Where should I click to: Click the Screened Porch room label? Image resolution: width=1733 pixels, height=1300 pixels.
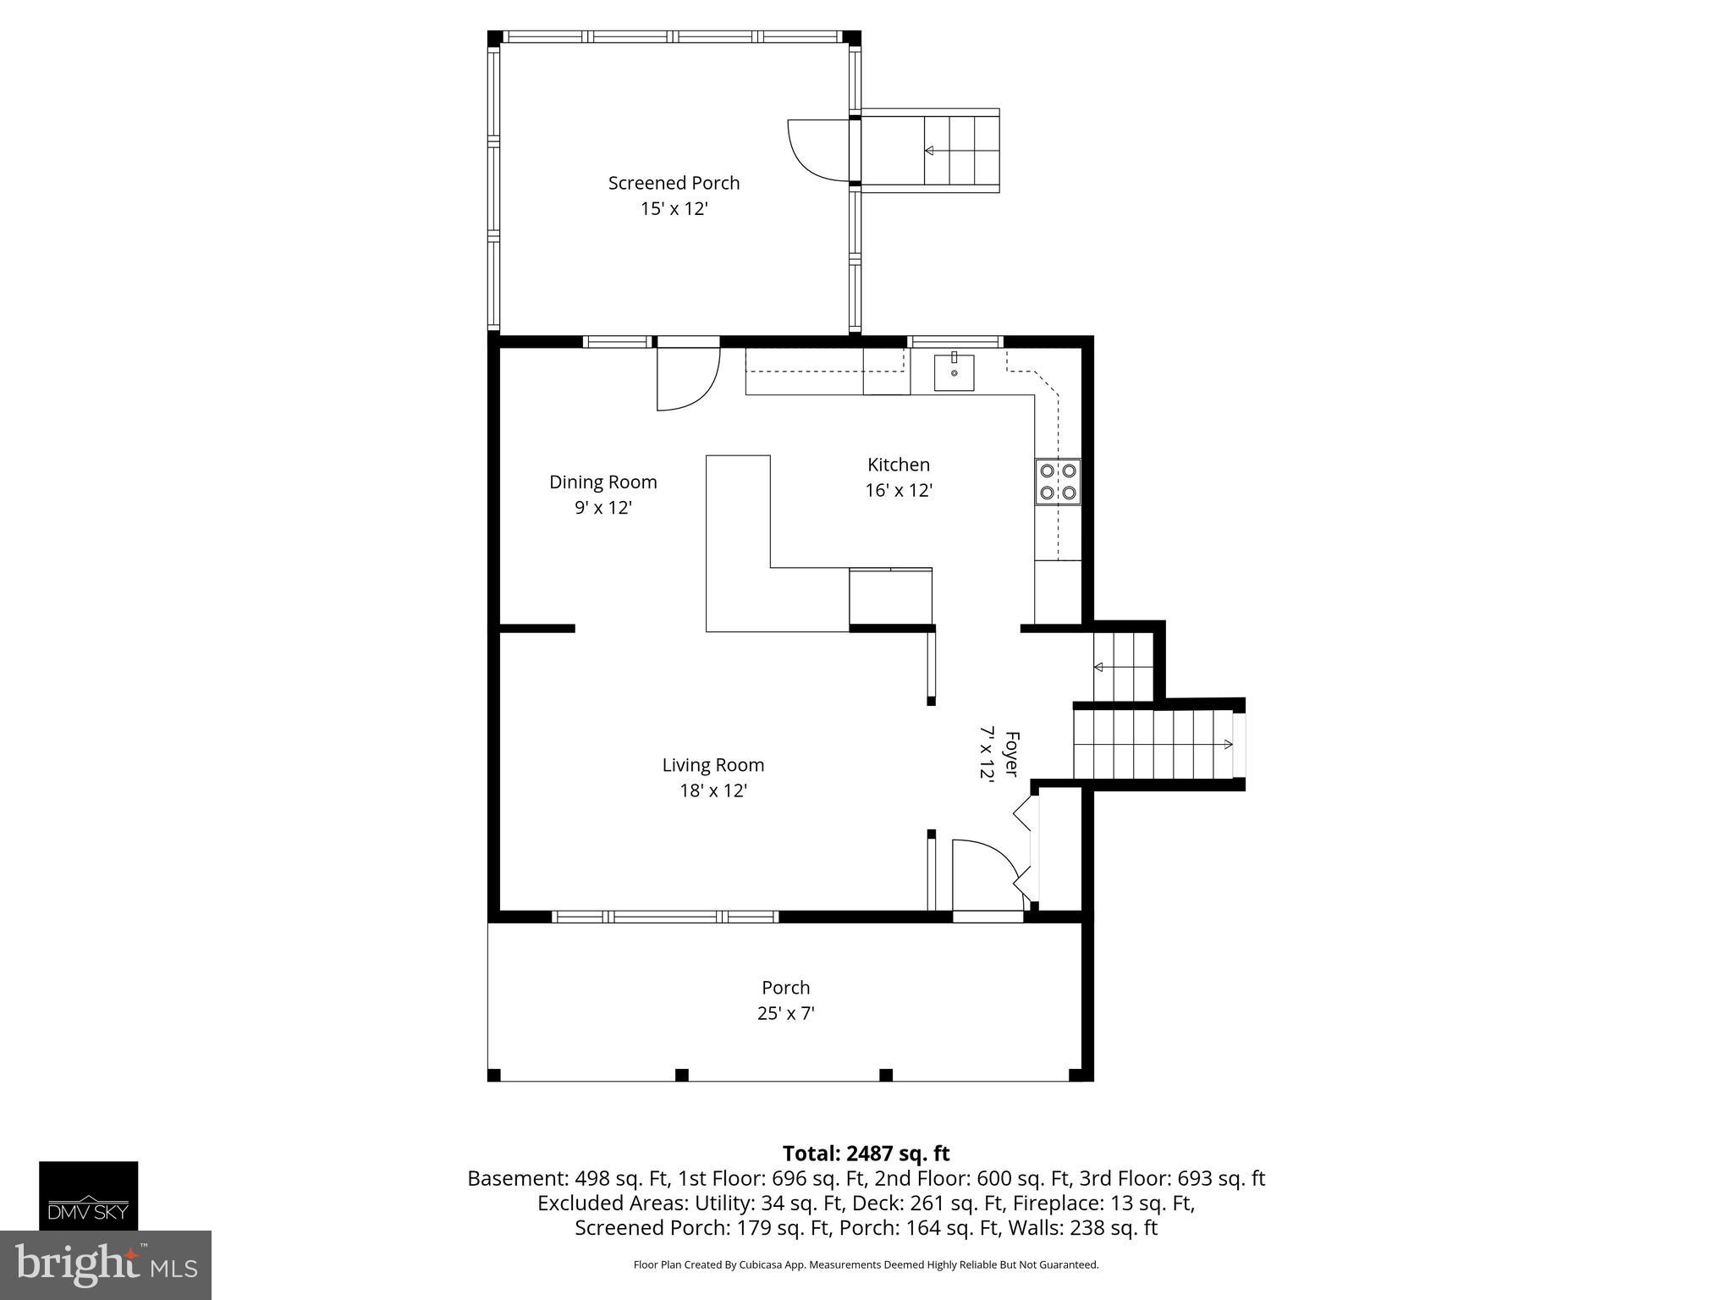[x=674, y=183]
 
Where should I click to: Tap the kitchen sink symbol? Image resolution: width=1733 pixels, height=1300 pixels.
[x=954, y=372]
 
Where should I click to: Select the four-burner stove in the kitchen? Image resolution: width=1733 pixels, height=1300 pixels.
[x=1058, y=482]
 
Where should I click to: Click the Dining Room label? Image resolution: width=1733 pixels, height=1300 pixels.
[x=602, y=482]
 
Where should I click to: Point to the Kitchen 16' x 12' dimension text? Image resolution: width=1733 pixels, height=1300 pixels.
[x=899, y=490]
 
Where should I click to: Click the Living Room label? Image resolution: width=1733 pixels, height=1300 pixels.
[x=712, y=765]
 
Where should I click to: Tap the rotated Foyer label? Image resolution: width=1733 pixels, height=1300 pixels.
[x=1010, y=753]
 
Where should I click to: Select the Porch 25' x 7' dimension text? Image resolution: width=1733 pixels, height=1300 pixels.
[x=785, y=1013]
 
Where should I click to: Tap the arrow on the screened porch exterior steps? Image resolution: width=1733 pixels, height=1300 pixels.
[x=928, y=151]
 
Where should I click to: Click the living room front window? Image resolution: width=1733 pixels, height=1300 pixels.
[x=665, y=917]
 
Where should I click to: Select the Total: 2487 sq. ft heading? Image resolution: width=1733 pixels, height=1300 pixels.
[x=866, y=1154]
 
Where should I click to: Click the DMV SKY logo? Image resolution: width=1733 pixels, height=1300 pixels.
[x=88, y=1195]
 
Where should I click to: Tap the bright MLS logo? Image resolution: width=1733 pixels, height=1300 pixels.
[x=105, y=1264]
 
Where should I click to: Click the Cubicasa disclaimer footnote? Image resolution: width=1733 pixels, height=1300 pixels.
[x=866, y=1265]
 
